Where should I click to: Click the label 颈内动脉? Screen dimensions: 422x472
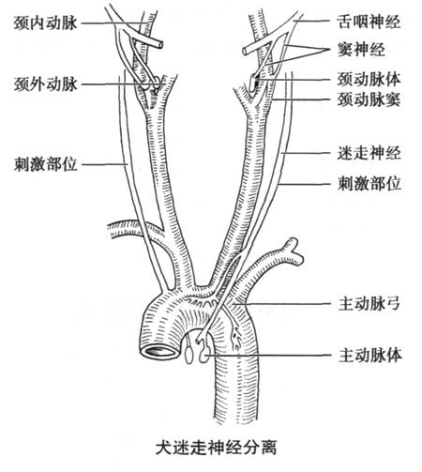coord(45,23)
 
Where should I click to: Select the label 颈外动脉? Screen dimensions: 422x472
coord(45,84)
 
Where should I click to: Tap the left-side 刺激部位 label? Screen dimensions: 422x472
coord(45,164)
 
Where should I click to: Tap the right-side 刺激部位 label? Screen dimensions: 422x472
coord(369,184)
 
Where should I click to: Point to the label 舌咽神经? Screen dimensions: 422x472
coord(369,22)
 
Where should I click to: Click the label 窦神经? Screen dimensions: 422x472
coord(361,50)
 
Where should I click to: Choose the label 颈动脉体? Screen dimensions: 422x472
coord(369,80)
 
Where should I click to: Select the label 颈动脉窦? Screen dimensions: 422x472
coord(369,99)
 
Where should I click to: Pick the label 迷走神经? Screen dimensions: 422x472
coord(369,153)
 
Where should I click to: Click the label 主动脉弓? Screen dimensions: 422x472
coord(369,303)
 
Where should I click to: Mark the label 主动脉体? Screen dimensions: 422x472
coord(370,355)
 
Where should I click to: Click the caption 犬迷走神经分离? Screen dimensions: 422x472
coord(216,448)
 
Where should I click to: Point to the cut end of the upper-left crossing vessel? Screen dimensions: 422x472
coord(159,45)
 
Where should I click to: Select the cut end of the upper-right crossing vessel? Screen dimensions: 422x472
coord(246,51)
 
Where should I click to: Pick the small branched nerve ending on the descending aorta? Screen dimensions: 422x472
coord(236,338)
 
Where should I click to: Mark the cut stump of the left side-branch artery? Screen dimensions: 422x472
coord(110,231)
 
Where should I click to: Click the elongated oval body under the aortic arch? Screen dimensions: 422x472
coord(188,356)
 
